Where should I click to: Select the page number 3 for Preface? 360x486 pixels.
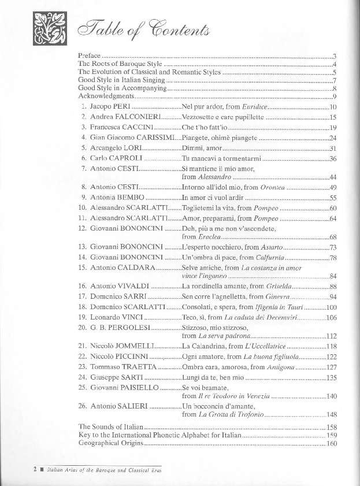point(335,56)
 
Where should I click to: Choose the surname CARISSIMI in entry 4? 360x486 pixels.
point(150,138)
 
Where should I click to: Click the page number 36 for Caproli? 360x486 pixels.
point(333,158)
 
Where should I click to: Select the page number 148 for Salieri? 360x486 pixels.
point(331,415)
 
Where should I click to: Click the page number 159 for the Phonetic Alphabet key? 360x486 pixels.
point(331,435)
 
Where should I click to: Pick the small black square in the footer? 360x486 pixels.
point(25,469)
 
